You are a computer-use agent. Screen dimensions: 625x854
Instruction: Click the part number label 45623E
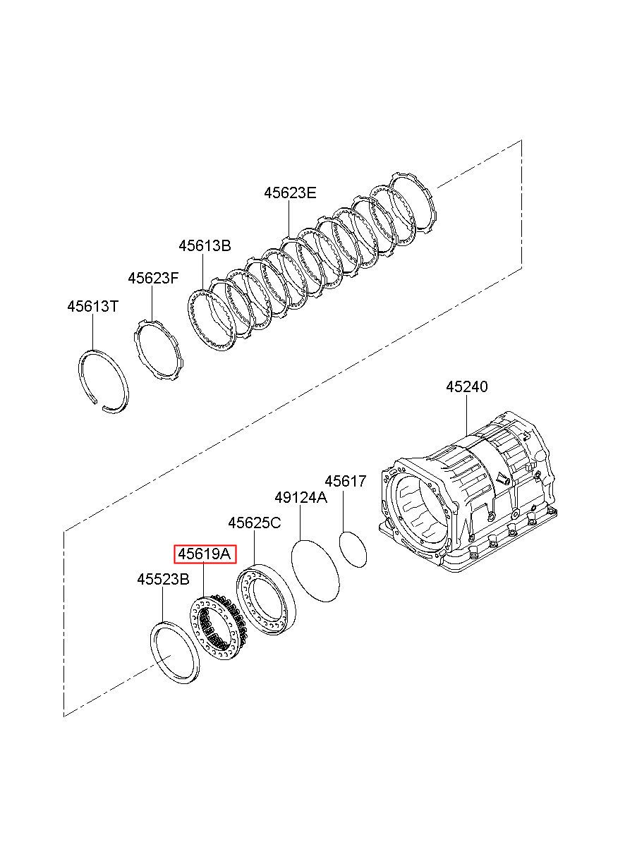(290, 193)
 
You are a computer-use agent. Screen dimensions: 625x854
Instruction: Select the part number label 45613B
(205, 245)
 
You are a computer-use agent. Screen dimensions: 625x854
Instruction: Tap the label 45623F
(153, 278)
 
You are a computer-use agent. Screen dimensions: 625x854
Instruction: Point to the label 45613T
(92, 306)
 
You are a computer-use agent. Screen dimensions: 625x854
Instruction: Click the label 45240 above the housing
(467, 387)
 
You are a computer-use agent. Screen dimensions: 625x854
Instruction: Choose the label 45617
(346, 481)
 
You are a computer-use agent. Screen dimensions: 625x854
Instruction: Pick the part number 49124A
(301, 498)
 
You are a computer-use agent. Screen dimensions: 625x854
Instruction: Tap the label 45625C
(255, 523)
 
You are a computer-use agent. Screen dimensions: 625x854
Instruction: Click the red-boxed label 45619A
(205, 554)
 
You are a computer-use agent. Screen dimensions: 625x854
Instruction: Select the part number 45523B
(163, 580)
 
